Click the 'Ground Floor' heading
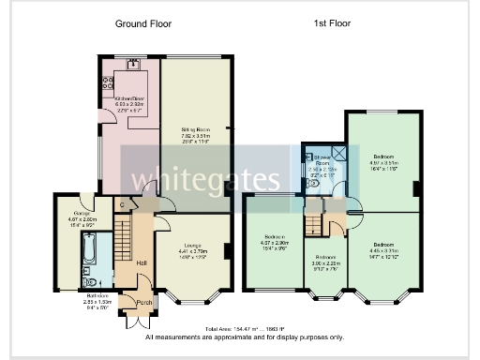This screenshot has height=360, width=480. click(143, 22)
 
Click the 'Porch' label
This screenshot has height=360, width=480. click(144, 302)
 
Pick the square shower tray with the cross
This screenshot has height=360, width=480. click(338, 154)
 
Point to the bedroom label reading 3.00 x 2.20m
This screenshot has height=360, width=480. click(325, 262)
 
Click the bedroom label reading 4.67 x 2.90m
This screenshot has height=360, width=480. click(274, 240)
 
